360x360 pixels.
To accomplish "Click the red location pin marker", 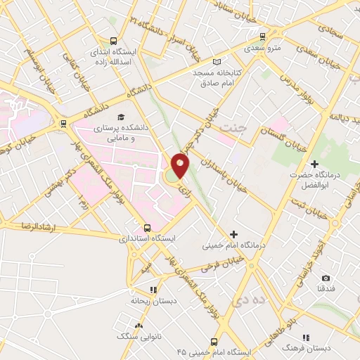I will (181, 165).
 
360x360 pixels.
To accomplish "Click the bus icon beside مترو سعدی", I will (262, 37).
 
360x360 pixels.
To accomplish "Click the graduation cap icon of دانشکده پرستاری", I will (121, 116).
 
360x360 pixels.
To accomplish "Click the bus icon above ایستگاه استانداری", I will (147, 228).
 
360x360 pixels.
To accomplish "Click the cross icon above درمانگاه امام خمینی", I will (233, 233).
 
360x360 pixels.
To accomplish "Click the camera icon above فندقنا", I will (326, 278).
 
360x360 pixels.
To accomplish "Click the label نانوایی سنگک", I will (139, 337).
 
